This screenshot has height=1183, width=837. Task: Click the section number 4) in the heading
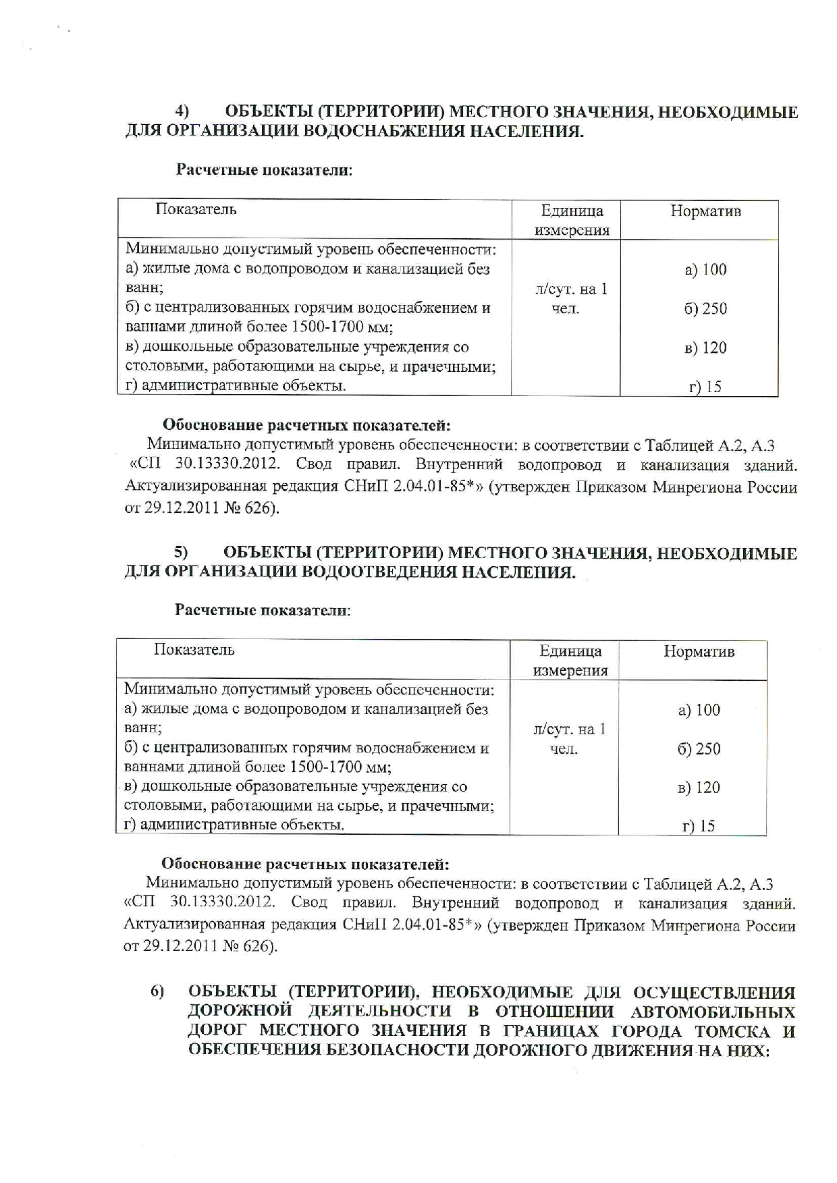(182, 111)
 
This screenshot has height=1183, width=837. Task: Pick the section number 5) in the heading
(181, 553)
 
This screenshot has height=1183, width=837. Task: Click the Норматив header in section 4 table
(705, 211)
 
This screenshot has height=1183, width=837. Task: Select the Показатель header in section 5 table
(194, 650)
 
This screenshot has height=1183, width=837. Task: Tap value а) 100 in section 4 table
(705, 270)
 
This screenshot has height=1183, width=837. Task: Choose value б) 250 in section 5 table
(699, 749)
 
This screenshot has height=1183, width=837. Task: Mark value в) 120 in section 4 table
(705, 348)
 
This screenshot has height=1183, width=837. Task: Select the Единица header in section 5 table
(570, 651)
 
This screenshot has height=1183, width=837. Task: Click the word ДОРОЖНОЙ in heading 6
(241, 1012)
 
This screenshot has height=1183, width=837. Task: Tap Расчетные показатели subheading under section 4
(264, 169)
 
